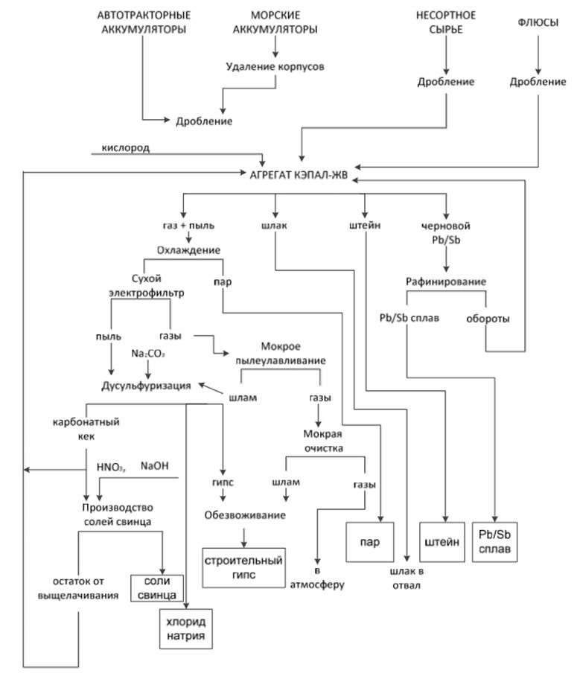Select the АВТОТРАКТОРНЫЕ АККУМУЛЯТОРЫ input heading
pyautogui.click(x=144, y=22)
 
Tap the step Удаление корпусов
pyautogui.click(x=275, y=66)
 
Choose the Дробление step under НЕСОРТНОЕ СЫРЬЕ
pyautogui.click(x=445, y=82)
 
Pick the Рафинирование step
pyautogui.click(x=446, y=281)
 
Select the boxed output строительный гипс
pyautogui.click(x=245, y=567)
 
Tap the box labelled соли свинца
pyautogui.click(x=156, y=587)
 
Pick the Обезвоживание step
pyautogui.click(x=245, y=514)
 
